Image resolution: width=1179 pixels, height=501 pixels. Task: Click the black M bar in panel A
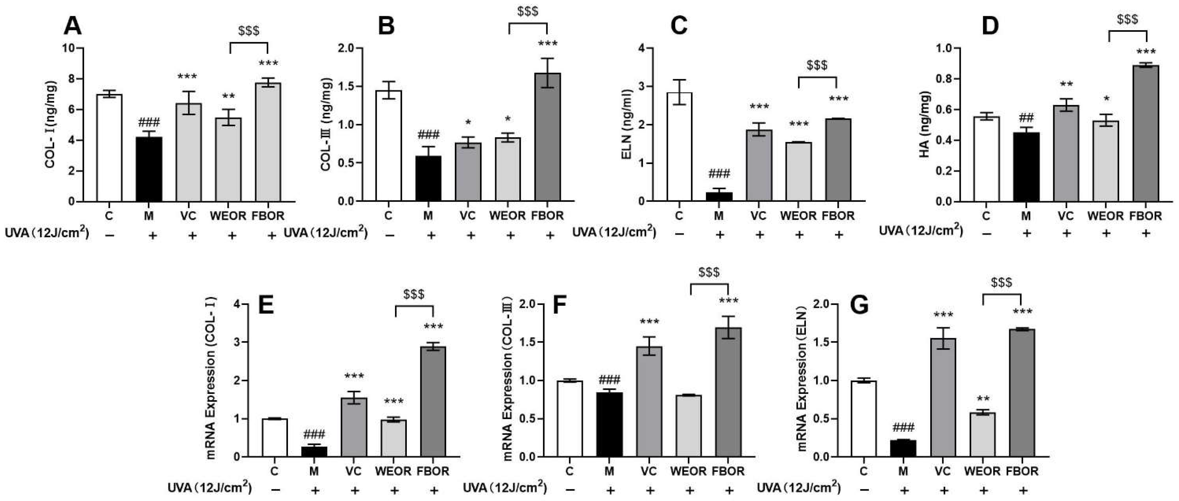pyautogui.click(x=149, y=170)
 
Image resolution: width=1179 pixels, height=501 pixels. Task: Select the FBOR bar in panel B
pyautogui.click(x=548, y=137)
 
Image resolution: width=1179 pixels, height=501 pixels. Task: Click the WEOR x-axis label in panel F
pyautogui.click(x=688, y=471)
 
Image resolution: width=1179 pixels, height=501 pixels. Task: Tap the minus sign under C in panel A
pyautogui.click(x=109, y=235)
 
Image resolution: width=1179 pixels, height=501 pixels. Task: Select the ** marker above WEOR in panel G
pyautogui.click(x=982, y=399)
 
